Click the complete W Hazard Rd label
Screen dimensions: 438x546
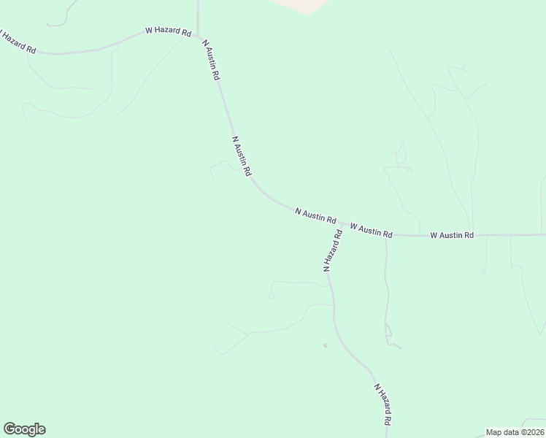click(x=168, y=32)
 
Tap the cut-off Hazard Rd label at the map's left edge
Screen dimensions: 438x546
click(x=18, y=41)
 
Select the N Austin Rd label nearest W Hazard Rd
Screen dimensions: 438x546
click(x=211, y=59)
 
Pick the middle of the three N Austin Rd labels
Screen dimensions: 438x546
click(x=242, y=155)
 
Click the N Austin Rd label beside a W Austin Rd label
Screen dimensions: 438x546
click(x=315, y=215)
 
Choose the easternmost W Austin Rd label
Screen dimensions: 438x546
click(x=452, y=235)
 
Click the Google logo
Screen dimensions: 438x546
click(x=24, y=429)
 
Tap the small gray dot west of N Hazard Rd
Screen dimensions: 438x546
click(x=325, y=345)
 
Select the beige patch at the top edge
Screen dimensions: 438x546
click(x=299, y=5)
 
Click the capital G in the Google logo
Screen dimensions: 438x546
click(x=9, y=429)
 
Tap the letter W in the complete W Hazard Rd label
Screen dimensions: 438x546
click(x=148, y=31)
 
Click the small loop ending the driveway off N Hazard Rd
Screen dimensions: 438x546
click(x=272, y=294)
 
